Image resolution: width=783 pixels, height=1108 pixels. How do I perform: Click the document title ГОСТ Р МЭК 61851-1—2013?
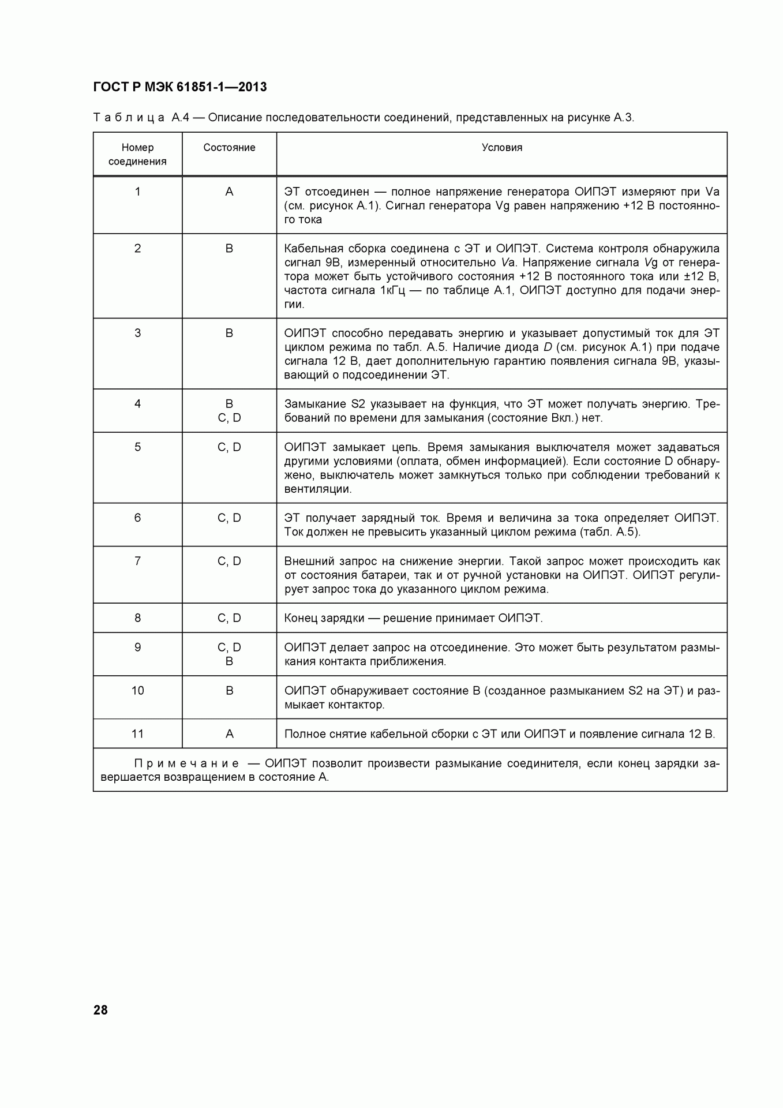179,87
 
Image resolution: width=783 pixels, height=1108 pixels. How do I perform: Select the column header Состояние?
229,148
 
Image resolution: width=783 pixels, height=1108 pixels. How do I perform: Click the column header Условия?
501,148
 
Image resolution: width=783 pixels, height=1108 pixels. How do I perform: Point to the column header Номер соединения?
137,155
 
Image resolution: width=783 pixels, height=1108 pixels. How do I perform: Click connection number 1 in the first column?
137,192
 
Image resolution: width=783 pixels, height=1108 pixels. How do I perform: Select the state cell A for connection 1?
229,192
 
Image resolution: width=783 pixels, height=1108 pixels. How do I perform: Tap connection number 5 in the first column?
137,447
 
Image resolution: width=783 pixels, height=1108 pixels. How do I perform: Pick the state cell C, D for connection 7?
229,561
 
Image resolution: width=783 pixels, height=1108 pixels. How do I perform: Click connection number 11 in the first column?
137,734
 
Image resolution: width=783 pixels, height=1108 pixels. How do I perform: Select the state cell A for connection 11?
229,734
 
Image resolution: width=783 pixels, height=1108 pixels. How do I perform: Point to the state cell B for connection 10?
229,691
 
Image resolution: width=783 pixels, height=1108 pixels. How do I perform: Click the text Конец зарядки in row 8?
324,618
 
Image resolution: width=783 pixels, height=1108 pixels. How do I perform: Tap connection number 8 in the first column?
137,618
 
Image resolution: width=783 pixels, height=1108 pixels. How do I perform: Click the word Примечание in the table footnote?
186,763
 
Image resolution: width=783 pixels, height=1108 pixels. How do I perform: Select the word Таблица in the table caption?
129,118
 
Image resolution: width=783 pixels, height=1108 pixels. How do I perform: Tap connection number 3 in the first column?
137,333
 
